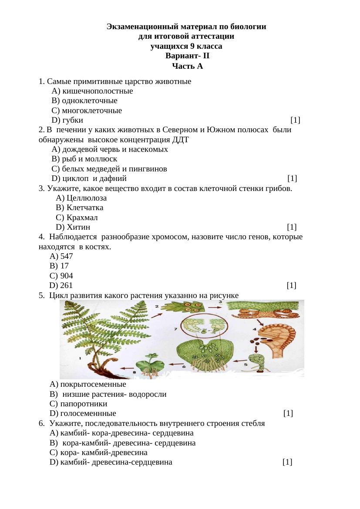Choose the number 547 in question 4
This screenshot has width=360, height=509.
coord(67,257)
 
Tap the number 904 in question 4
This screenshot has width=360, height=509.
coord(67,276)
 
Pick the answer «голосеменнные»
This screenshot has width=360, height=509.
coord(88,414)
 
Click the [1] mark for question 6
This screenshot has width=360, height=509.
coord(287,462)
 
